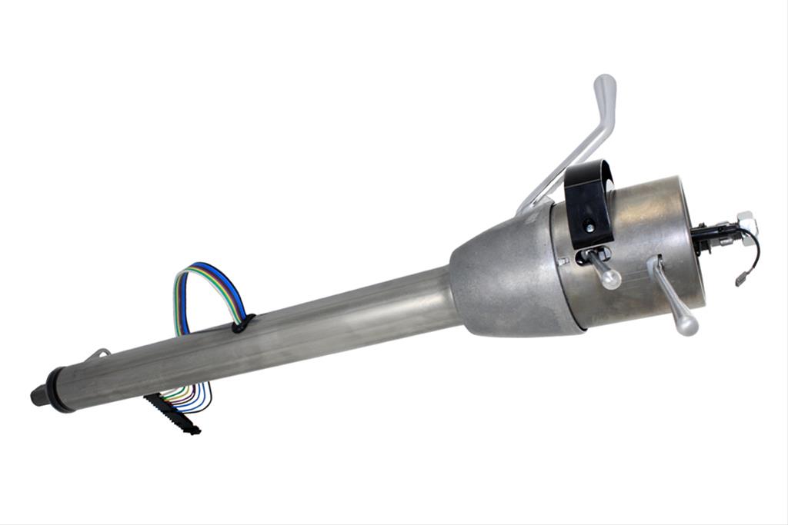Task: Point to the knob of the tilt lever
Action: pos(684,324)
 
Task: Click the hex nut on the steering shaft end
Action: pos(746,224)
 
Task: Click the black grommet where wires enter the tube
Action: pos(243,323)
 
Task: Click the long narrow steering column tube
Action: pos(269,338)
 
